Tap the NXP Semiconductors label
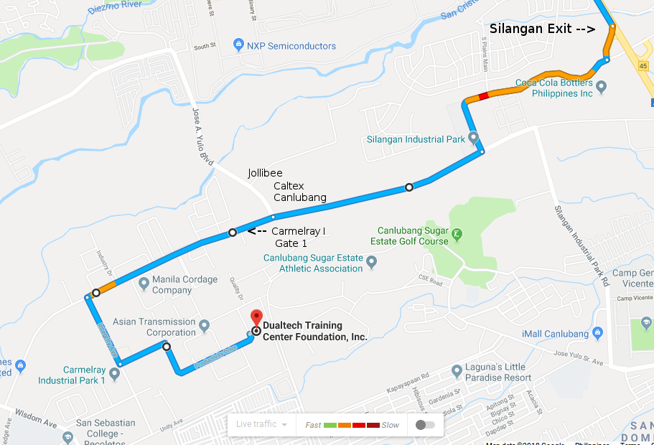pos(291,46)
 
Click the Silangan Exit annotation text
pos(542,29)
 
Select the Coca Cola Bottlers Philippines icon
pos(602,88)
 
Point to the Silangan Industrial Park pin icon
pos(473,136)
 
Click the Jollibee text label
pos(265,173)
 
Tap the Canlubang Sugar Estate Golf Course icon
pos(456,234)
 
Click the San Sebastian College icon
pos(67,436)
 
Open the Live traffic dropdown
pos(261,424)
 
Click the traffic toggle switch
pos(425,424)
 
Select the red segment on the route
pos(483,95)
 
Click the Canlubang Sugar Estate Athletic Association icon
pos(372,263)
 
